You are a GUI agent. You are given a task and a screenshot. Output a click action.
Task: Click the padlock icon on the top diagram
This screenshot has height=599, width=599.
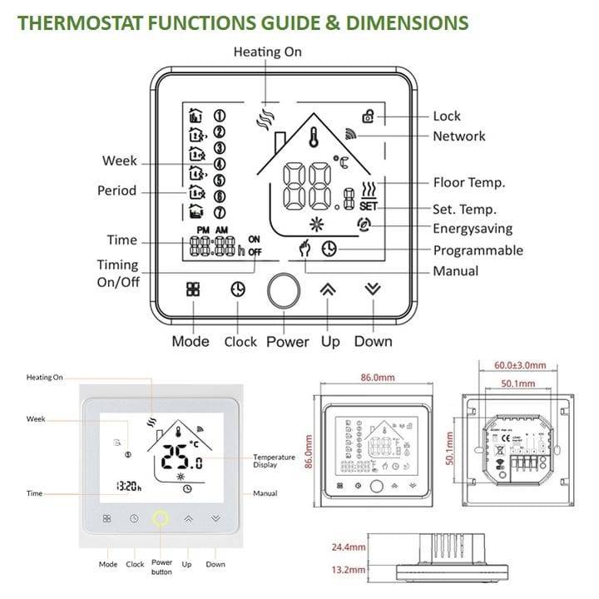(368, 117)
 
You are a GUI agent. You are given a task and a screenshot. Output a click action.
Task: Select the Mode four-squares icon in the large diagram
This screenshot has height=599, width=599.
(193, 290)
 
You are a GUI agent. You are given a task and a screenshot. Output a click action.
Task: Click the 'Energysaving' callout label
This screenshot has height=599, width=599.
(473, 229)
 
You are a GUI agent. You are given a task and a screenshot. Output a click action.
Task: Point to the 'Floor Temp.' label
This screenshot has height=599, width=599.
(469, 182)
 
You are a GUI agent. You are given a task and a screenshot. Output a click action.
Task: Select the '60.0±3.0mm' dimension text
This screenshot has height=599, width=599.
(520, 365)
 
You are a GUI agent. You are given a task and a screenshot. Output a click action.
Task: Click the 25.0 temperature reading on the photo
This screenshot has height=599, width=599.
(181, 457)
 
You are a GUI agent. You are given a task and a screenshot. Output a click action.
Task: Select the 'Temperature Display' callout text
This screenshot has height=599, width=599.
(274, 461)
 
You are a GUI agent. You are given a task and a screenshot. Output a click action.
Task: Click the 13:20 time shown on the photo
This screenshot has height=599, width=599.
(129, 487)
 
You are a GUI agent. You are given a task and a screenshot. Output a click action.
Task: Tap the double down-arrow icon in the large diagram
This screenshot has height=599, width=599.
(373, 289)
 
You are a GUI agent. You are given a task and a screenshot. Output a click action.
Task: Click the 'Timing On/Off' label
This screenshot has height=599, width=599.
(117, 273)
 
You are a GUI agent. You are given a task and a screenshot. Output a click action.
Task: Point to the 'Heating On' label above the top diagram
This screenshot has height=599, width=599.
(267, 52)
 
